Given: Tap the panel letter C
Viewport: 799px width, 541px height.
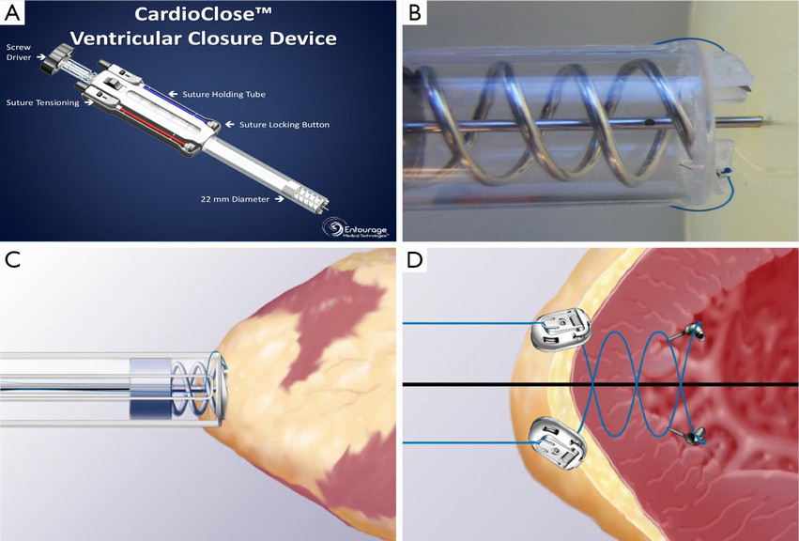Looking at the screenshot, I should click(x=14, y=261).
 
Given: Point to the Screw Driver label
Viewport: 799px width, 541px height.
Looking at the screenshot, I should click(x=19, y=52).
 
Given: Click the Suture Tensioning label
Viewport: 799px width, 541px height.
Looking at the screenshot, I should click(x=42, y=102).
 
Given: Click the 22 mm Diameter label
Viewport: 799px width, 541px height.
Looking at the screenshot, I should click(x=237, y=198).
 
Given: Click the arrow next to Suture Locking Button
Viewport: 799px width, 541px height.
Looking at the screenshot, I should click(x=230, y=124).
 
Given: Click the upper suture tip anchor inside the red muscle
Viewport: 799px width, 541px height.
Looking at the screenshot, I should click(x=697, y=329).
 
